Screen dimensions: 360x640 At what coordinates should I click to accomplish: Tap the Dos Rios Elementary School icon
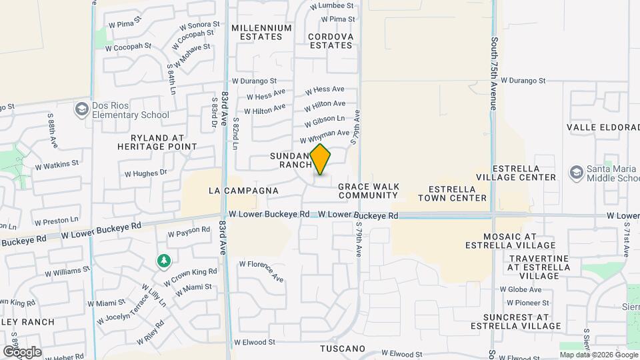coord(82,109)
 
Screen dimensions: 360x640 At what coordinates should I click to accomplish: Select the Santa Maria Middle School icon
coord(575,173)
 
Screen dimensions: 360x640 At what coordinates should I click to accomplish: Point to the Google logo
coord(21,351)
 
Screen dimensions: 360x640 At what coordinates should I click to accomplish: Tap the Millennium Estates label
coord(261,32)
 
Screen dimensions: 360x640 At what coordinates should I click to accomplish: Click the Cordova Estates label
coord(330,41)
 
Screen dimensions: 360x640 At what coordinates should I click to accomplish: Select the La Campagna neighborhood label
coord(243,191)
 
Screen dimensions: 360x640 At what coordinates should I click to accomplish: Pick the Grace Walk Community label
coord(368,191)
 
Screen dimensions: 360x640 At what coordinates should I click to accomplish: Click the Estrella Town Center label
coord(452,193)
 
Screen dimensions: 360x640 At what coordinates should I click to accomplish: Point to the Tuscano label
coord(343,349)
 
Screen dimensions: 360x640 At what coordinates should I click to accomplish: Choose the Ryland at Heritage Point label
coord(157,141)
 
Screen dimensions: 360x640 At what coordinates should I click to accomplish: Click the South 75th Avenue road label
coord(494,74)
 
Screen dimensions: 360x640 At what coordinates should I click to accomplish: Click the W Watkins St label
coord(56,163)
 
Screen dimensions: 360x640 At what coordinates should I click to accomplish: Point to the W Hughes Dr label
coord(145,173)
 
